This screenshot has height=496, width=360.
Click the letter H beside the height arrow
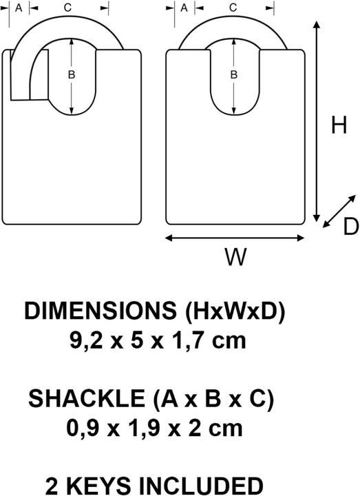[339, 125]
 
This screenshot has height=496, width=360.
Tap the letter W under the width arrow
[235, 256]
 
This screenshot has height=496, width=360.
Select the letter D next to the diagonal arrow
[351, 227]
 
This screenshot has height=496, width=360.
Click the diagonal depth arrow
[339, 211]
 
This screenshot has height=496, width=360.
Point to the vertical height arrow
[316, 121]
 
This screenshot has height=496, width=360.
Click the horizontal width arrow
[235, 238]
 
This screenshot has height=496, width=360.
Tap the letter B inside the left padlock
[72, 74]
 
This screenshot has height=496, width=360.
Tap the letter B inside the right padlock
[233, 74]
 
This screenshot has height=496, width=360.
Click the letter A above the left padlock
[19, 8]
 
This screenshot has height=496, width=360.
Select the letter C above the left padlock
[67, 8]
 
